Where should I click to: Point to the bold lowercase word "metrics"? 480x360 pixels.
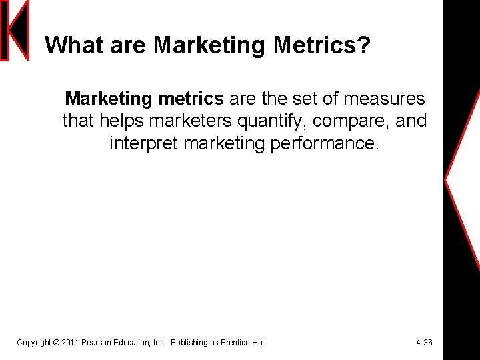tap(191, 99)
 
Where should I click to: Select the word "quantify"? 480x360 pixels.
tap(279, 121)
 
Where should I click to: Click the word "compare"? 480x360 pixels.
tap(357, 121)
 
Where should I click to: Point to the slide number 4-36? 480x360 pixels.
tap(424, 343)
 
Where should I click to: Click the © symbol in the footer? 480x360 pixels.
tap(55, 343)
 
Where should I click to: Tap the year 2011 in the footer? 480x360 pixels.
tap(70, 343)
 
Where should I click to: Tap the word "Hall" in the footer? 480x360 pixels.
tap(259, 343)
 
